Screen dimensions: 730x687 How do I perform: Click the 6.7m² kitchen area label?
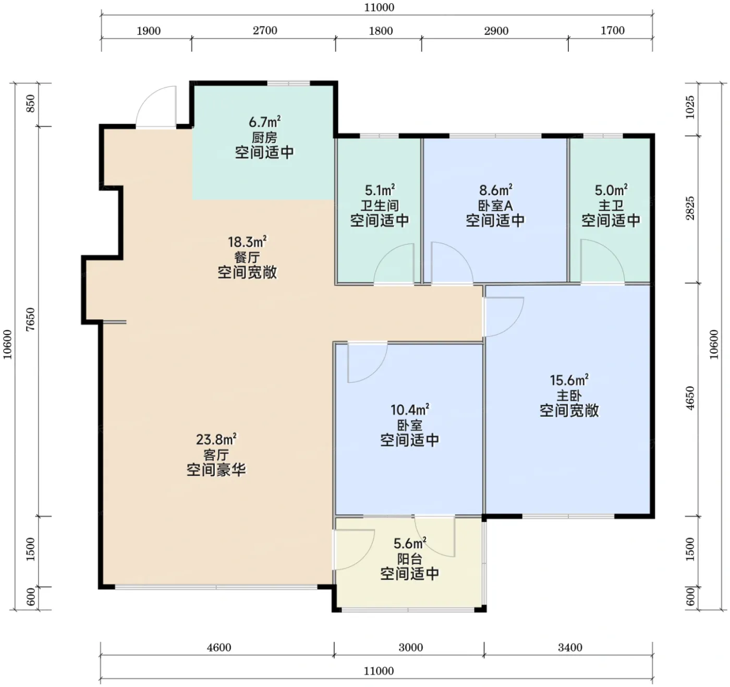pos(265,122)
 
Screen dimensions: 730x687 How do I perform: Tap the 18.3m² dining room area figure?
pos(247,242)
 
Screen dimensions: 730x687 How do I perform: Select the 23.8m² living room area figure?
pos(216,439)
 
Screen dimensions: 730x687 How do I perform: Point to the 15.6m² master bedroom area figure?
pos(569,380)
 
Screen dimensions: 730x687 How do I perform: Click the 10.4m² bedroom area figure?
pos(410,409)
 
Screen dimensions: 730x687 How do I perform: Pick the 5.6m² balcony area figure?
pos(410,543)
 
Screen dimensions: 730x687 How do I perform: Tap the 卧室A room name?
pos(495,205)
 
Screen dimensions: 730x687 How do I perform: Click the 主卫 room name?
pos(611,205)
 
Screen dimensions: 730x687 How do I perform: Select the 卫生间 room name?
pos(380,205)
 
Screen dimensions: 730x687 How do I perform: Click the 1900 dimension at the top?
pos(149,31)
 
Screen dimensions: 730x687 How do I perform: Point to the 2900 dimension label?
pos(496,31)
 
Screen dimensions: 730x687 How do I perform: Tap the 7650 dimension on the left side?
pos(31,319)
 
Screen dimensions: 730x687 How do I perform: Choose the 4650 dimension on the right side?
pos(691,399)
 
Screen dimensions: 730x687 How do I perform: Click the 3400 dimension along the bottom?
pos(570,647)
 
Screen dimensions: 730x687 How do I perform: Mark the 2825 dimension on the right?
pos(691,208)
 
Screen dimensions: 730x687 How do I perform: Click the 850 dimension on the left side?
pos(31,104)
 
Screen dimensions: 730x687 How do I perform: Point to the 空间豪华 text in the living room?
pos(216,470)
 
